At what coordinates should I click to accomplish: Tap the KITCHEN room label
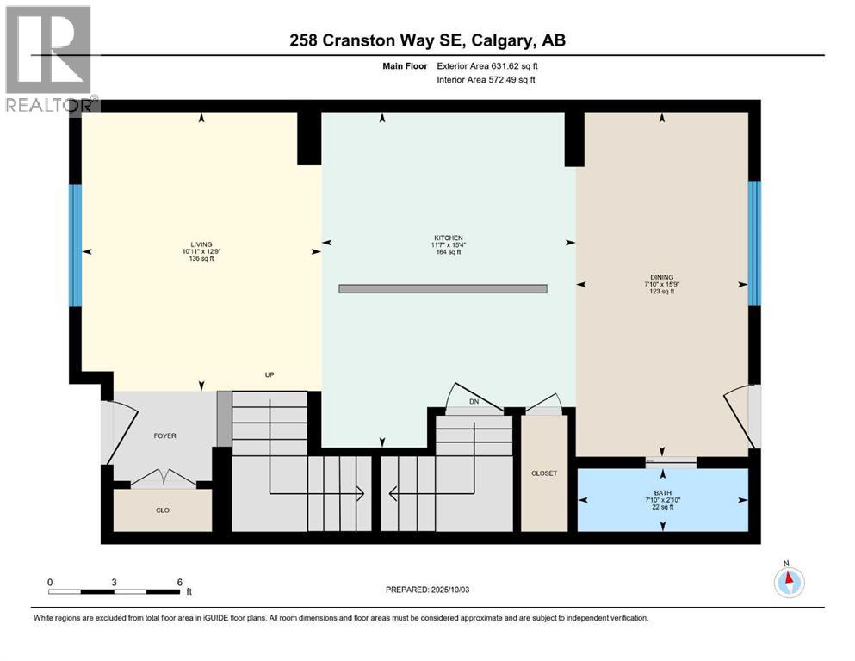tap(449, 238)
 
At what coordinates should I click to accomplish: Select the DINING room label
tap(661, 277)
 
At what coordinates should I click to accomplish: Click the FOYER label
tap(164, 436)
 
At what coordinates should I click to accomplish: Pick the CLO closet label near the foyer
tap(162, 510)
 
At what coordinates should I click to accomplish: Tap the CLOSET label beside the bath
tap(544, 473)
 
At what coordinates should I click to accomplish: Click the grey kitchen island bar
tap(443, 289)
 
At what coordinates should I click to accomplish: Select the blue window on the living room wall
tap(75, 245)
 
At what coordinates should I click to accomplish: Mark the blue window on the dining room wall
tap(754, 243)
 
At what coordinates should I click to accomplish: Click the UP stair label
tap(270, 375)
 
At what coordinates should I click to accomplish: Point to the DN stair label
tap(473, 402)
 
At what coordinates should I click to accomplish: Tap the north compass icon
tap(788, 581)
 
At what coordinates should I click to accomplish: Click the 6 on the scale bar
tap(178, 581)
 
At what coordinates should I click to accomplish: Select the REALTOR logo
tap(48, 59)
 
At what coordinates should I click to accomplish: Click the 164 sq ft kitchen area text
tap(449, 252)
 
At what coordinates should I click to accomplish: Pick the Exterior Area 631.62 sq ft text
tap(487, 65)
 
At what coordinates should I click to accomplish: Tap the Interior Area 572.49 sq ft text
tap(486, 80)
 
